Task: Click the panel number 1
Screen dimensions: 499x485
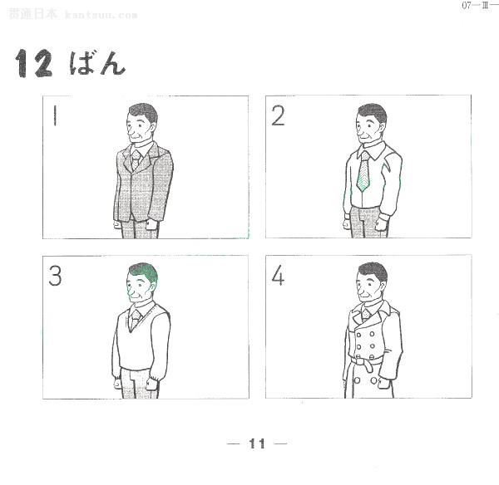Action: pyautogui.click(x=55, y=115)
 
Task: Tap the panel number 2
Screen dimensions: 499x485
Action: pyautogui.click(x=278, y=115)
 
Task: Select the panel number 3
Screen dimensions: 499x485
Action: pyautogui.click(x=55, y=276)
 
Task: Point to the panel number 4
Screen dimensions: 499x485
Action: pyautogui.click(x=278, y=276)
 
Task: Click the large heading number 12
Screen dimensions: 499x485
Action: pyautogui.click(x=34, y=63)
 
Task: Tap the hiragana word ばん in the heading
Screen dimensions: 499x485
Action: pyautogui.click(x=97, y=63)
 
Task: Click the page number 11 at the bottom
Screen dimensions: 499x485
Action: pyautogui.click(x=257, y=443)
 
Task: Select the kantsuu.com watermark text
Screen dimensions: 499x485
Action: pyautogui.click(x=101, y=15)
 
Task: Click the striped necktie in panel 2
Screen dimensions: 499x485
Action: pyautogui.click(x=363, y=172)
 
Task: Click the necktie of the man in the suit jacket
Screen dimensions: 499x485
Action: pyautogui.click(x=136, y=159)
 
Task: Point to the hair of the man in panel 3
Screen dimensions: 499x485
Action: pyautogui.click(x=144, y=272)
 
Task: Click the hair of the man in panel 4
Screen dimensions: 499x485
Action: pyautogui.click(x=373, y=271)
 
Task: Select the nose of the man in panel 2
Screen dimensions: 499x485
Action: pyautogui.click(x=358, y=130)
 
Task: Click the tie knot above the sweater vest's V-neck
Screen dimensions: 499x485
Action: pyautogui.click(x=136, y=315)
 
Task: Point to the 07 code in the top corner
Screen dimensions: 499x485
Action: pyautogui.click(x=467, y=6)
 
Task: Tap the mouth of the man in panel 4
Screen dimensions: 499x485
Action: pyautogui.click(x=363, y=296)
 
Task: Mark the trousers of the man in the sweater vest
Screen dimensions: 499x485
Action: pyautogui.click(x=137, y=384)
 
